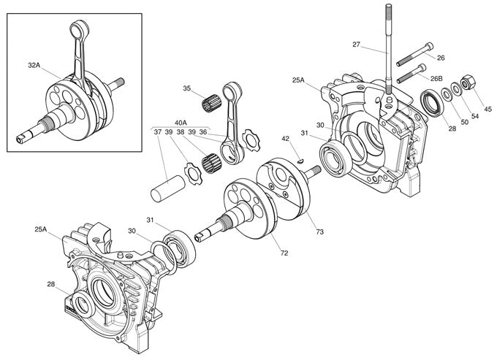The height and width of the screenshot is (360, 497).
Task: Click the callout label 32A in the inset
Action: (x=34, y=66)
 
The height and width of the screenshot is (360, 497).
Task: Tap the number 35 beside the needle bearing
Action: (x=187, y=89)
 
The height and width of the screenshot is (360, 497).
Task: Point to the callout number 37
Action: (x=157, y=132)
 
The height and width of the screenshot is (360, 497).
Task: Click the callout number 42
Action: (x=287, y=138)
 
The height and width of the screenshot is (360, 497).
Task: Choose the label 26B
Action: (x=436, y=78)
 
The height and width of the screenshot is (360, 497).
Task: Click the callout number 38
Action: (x=180, y=132)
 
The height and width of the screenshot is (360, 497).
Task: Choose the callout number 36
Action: (x=202, y=132)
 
